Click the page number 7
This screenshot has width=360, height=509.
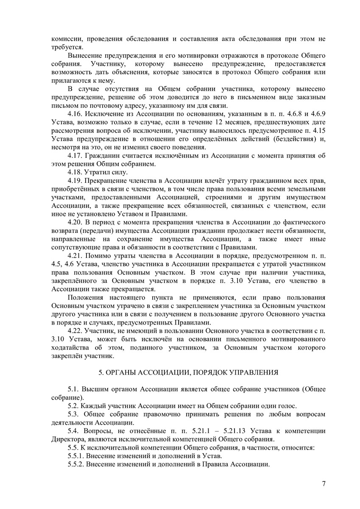(x=324, y=483)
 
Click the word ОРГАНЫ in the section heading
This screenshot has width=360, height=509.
(x=121, y=372)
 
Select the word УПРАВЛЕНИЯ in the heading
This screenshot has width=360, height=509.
(x=254, y=372)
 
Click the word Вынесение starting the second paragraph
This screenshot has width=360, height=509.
(x=86, y=56)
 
